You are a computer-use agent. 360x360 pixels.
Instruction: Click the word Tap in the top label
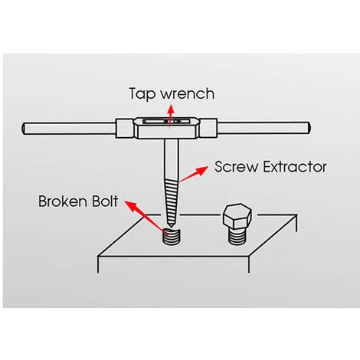142,94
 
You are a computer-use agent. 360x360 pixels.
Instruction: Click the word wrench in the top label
188,93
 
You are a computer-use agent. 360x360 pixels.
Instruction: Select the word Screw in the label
237,167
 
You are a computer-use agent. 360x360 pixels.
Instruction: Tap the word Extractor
295,167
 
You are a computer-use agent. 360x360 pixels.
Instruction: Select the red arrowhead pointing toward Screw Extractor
201,170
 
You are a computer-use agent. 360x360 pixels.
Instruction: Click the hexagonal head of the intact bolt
237,216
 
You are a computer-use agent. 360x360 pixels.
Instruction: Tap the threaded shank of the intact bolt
237,236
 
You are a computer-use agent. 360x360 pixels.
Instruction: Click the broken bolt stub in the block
172,237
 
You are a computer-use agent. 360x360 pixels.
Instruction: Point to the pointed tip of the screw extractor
172,227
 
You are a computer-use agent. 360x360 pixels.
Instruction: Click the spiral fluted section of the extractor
172,201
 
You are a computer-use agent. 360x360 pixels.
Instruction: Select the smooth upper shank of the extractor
172,159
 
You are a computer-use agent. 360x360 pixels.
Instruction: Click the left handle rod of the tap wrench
69,128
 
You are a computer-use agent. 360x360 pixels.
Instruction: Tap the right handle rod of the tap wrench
263,128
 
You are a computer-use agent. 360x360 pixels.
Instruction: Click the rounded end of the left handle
23,129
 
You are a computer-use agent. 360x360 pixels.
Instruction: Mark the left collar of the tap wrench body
125,129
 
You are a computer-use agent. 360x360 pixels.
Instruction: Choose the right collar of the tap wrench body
208,128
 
